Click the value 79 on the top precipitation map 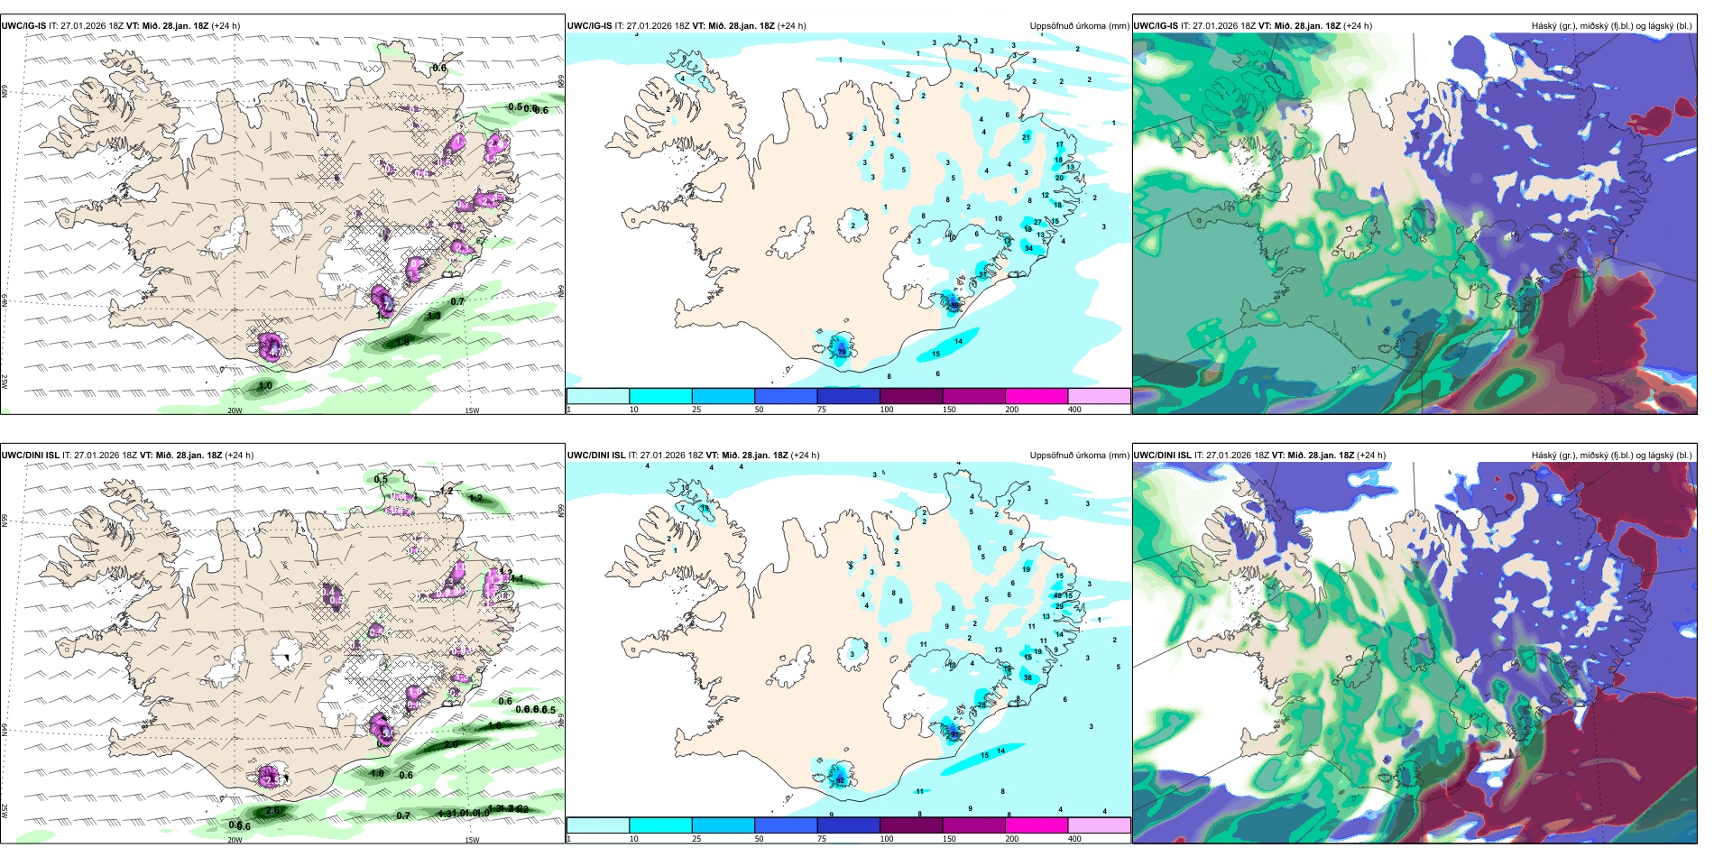tap(843, 352)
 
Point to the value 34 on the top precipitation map tap(1029, 248)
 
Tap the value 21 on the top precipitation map tap(1027, 138)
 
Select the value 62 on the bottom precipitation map tap(840, 780)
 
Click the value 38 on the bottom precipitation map tap(1027, 677)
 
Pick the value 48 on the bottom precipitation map tap(1058, 595)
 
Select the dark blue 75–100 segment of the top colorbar tap(848, 396)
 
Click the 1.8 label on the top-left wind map tap(402, 342)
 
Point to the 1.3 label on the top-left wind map tap(434, 316)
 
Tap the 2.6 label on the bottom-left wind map tap(272, 811)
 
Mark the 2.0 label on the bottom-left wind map tap(451, 744)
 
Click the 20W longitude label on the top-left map tap(235, 410)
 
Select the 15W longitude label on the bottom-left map tap(472, 840)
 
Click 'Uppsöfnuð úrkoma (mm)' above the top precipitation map tap(1079, 26)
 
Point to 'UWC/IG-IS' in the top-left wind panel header tap(23, 26)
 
